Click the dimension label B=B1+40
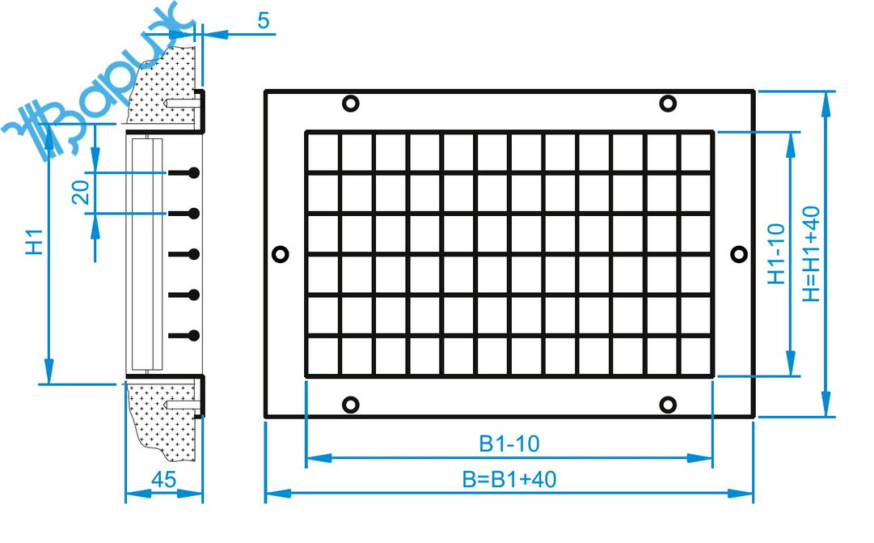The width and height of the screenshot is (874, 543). tap(509, 479)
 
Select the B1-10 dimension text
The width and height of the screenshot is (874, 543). tap(509, 443)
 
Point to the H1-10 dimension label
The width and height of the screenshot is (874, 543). tap(776, 254)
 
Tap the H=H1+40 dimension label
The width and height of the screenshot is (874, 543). tap(811, 254)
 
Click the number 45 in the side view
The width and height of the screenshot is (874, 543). tap(164, 479)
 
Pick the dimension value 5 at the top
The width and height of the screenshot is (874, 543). tap(264, 21)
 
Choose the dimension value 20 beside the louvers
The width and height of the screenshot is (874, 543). tap(81, 192)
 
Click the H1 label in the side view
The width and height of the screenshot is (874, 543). tap(35, 241)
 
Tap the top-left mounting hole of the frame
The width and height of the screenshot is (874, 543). tap(350, 104)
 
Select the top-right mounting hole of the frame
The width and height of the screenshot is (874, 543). tap(668, 104)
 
